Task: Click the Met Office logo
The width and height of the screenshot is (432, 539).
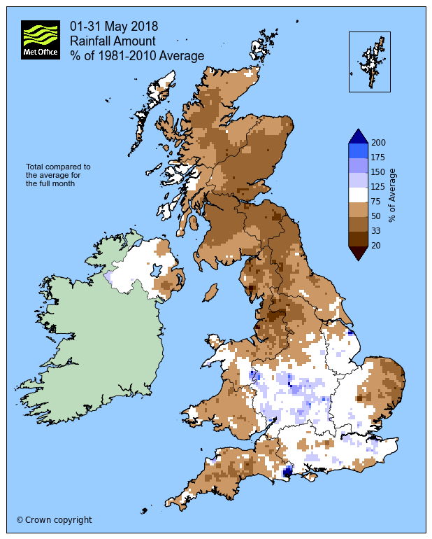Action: pyautogui.click(x=41, y=40)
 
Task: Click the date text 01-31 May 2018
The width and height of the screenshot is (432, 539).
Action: pyautogui.click(x=114, y=27)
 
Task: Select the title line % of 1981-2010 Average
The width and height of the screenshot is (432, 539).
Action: pyautogui.click(x=137, y=56)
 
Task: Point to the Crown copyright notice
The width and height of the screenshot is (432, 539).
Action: pyautogui.click(x=55, y=520)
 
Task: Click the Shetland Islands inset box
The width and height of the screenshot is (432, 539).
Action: pyautogui.click(x=369, y=62)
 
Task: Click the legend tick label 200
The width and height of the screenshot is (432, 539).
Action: pyautogui.click(x=378, y=142)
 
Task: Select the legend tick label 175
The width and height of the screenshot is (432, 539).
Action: pyautogui.click(x=378, y=157)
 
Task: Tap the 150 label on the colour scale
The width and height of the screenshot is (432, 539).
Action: pyautogui.click(x=378, y=172)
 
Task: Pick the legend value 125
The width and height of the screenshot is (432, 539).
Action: pyautogui.click(x=378, y=187)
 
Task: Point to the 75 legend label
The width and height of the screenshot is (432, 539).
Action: pyautogui.click(x=376, y=202)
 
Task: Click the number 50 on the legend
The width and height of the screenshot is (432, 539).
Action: pyautogui.click(x=376, y=216)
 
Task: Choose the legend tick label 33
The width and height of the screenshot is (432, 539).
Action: pyautogui.click(x=376, y=231)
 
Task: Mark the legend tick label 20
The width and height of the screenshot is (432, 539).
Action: pyautogui.click(x=376, y=246)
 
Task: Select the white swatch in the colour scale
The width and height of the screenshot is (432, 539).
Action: pyautogui.click(x=358, y=195)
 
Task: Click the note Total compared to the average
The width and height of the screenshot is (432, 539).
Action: pyautogui.click(x=59, y=175)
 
